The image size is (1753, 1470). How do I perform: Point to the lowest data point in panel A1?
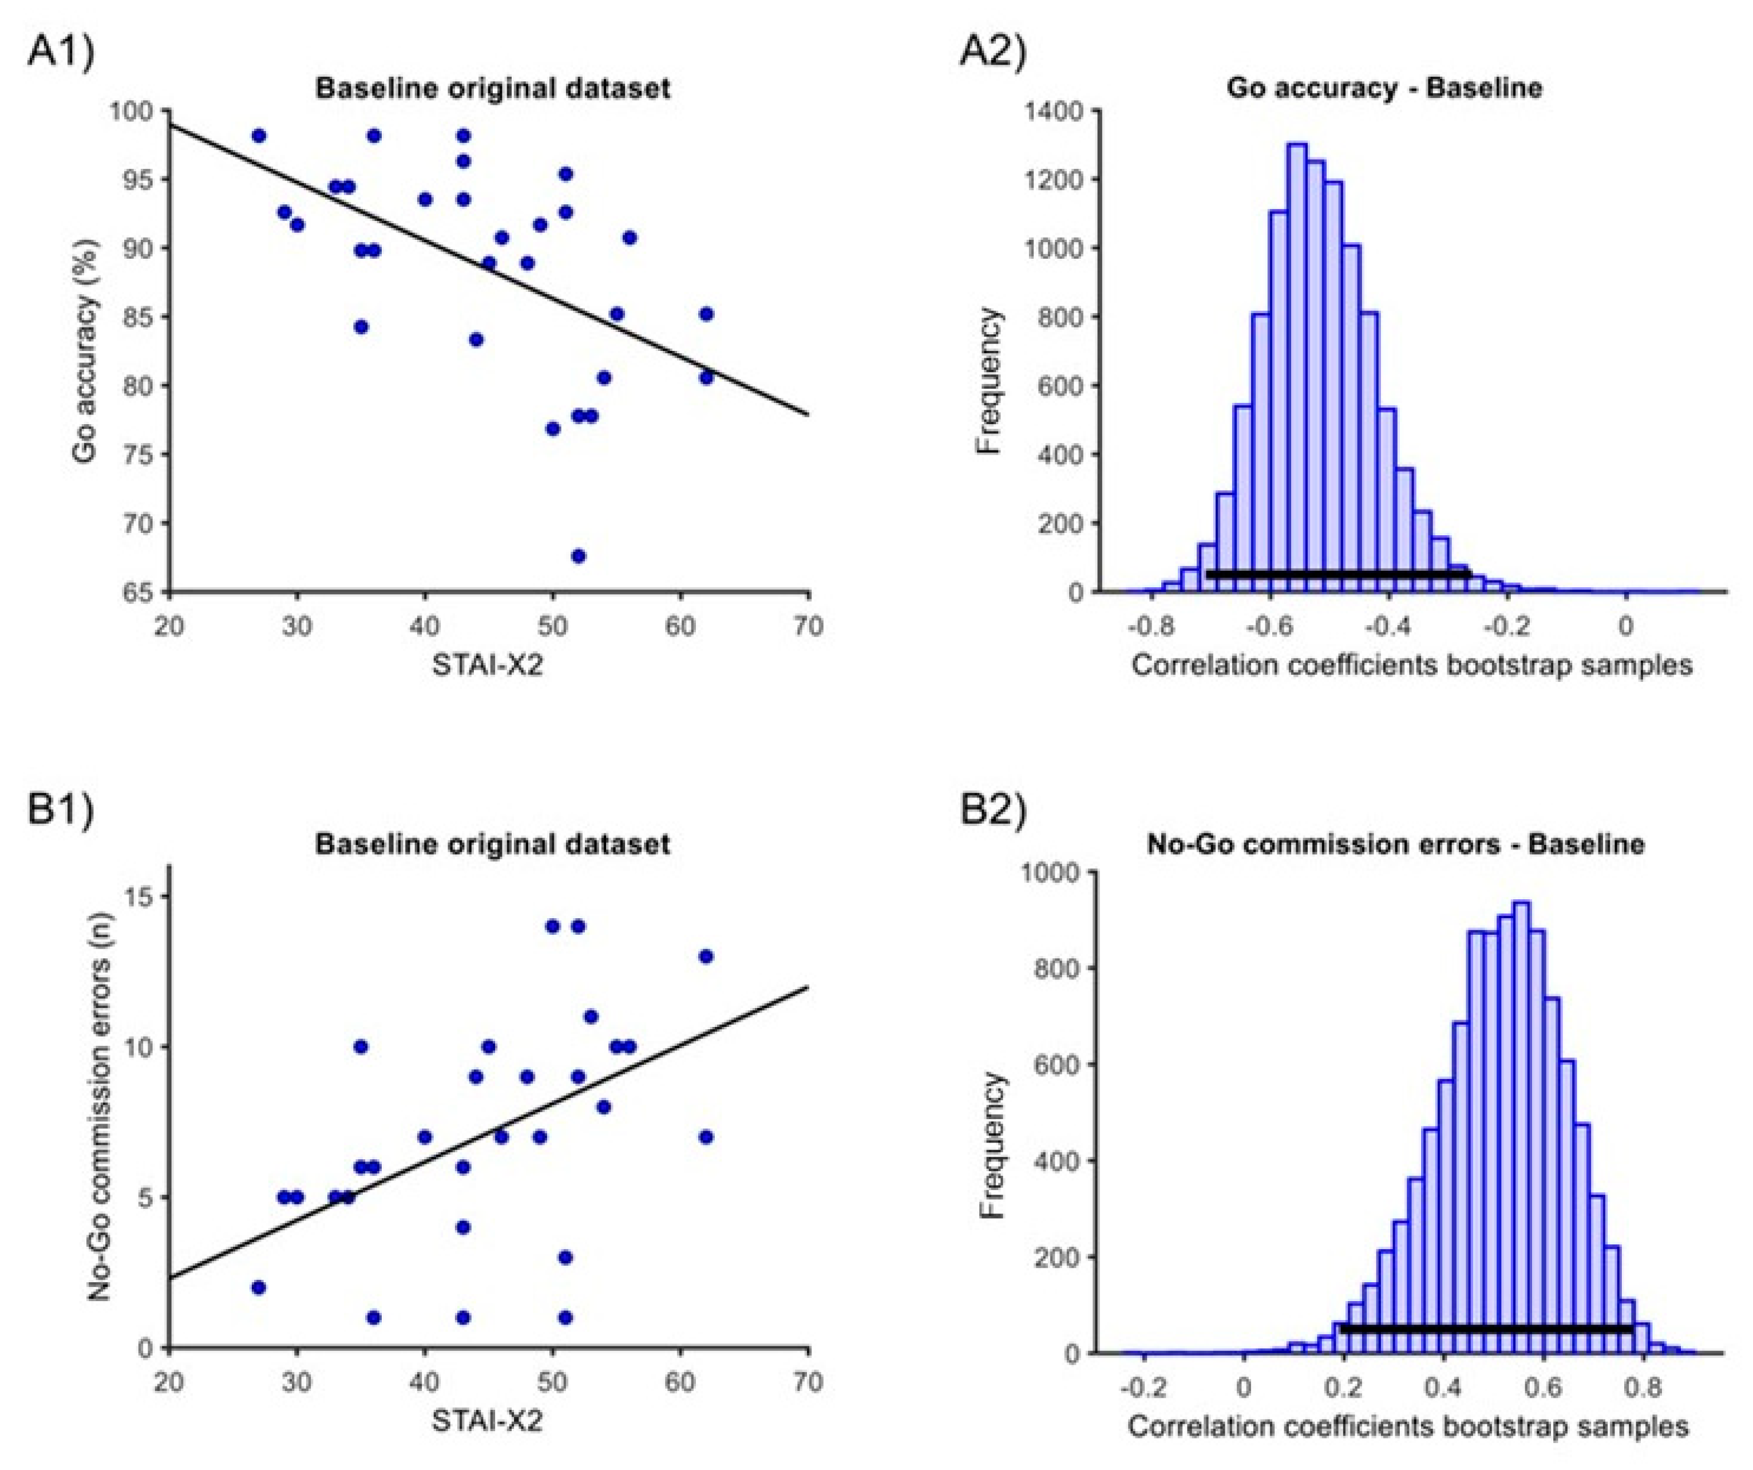pos(577,556)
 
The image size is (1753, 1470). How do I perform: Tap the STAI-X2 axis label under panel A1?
pos(488,665)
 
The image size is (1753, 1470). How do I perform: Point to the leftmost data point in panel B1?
pos(259,1287)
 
